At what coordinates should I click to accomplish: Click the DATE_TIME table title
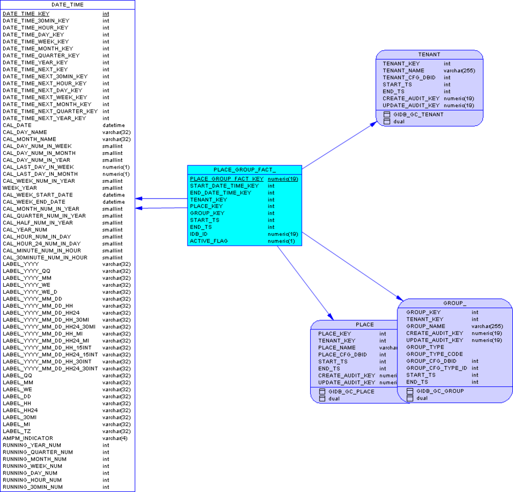pyautogui.click(x=67, y=5)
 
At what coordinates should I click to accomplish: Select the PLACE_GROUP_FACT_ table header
pyautogui.click(x=244, y=170)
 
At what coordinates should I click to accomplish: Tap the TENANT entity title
pyautogui.click(x=429, y=55)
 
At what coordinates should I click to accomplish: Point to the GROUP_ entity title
pyautogui.click(x=455, y=303)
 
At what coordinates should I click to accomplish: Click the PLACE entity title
pyautogui.click(x=364, y=325)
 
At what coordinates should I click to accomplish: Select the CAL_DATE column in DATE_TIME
pyautogui.click(x=17, y=125)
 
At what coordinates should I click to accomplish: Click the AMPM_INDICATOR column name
pyautogui.click(x=28, y=438)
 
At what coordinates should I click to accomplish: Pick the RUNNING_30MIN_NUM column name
pyautogui.click(x=32, y=487)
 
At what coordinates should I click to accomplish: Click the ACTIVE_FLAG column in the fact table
pyautogui.click(x=209, y=241)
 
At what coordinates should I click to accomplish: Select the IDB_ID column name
pyautogui.click(x=199, y=234)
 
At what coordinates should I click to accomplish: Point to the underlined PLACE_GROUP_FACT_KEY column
pyautogui.click(x=226, y=179)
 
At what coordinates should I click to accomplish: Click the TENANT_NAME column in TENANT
pyautogui.click(x=403, y=71)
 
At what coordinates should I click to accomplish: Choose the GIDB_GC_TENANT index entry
pyautogui.click(x=418, y=114)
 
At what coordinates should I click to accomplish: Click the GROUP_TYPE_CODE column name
pyautogui.click(x=434, y=354)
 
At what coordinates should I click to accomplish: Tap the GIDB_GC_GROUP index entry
pyautogui.click(x=440, y=391)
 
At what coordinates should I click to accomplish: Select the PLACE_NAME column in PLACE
pyautogui.click(x=337, y=348)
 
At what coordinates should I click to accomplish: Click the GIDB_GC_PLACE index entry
pyautogui.click(x=351, y=392)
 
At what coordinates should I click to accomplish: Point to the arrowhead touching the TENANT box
pyautogui.click(x=374, y=124)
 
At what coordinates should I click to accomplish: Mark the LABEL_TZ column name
pyautogui.click(x=16, y=431)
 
